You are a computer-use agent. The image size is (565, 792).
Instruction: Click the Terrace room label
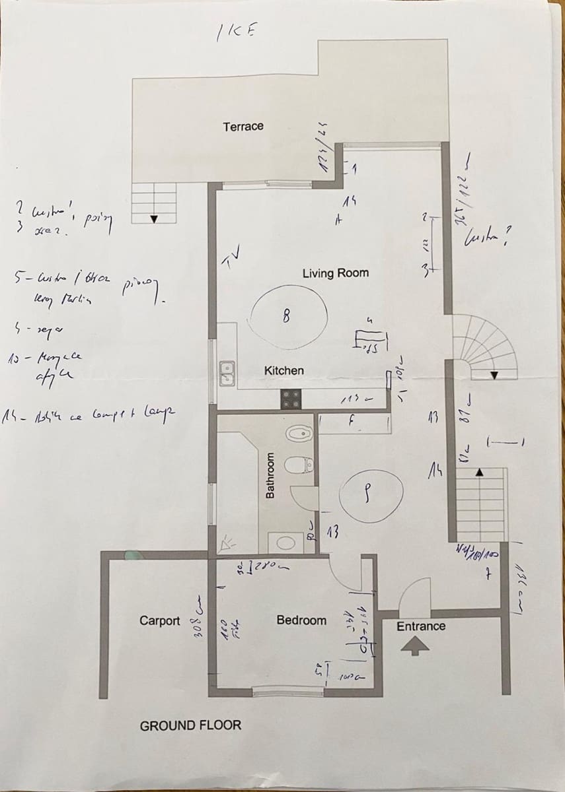pos(243,126)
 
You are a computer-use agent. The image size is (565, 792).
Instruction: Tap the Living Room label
pos(336,273)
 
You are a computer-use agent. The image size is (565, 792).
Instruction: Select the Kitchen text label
pos(284,370)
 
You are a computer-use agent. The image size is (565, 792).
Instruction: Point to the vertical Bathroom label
pos(270,475)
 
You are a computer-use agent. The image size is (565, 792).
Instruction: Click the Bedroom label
pos(301,620)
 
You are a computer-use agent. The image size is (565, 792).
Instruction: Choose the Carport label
pos(159,620)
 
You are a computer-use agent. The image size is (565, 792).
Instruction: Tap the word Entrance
pos(421,626)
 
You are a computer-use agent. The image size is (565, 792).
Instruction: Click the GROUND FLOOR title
pos(190,725)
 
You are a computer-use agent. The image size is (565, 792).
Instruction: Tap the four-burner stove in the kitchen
pos(291,399)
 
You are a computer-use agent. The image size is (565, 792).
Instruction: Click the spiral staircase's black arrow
pos(494,375)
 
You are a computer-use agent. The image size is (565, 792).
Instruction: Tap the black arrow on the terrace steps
pos(154,218)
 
